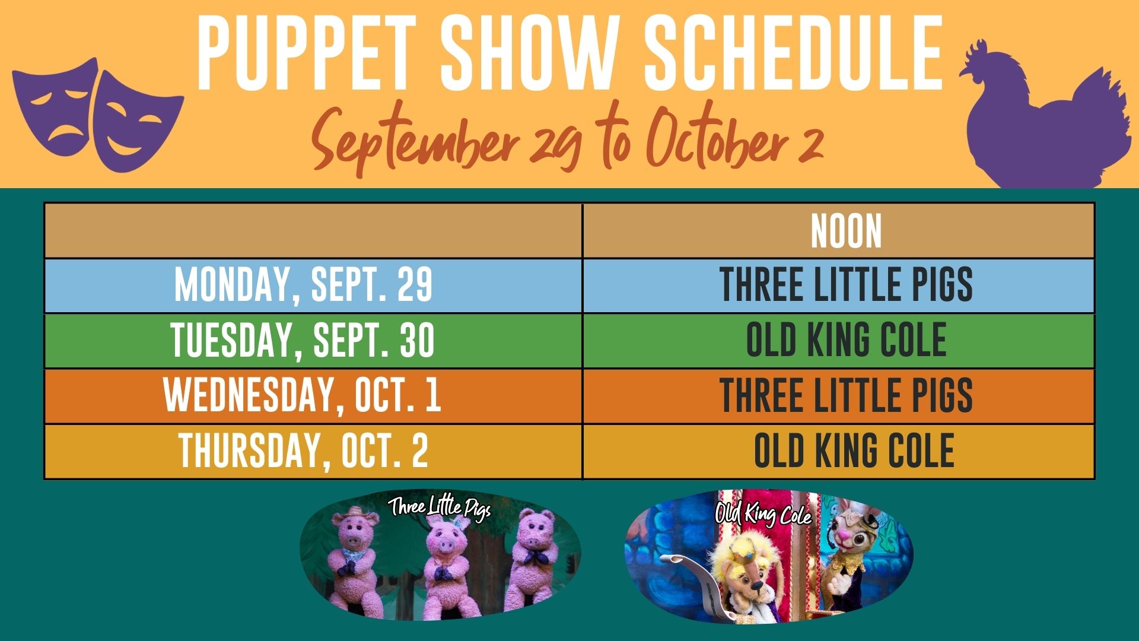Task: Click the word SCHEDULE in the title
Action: [x=793, y=53]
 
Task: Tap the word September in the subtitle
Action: [x=415, y=142]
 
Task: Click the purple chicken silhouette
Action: [x=1047, y=119]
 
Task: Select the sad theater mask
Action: [x=56, y=104]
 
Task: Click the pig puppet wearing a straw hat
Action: [x=355, y=558]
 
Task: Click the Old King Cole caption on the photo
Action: [x=763, y=514]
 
